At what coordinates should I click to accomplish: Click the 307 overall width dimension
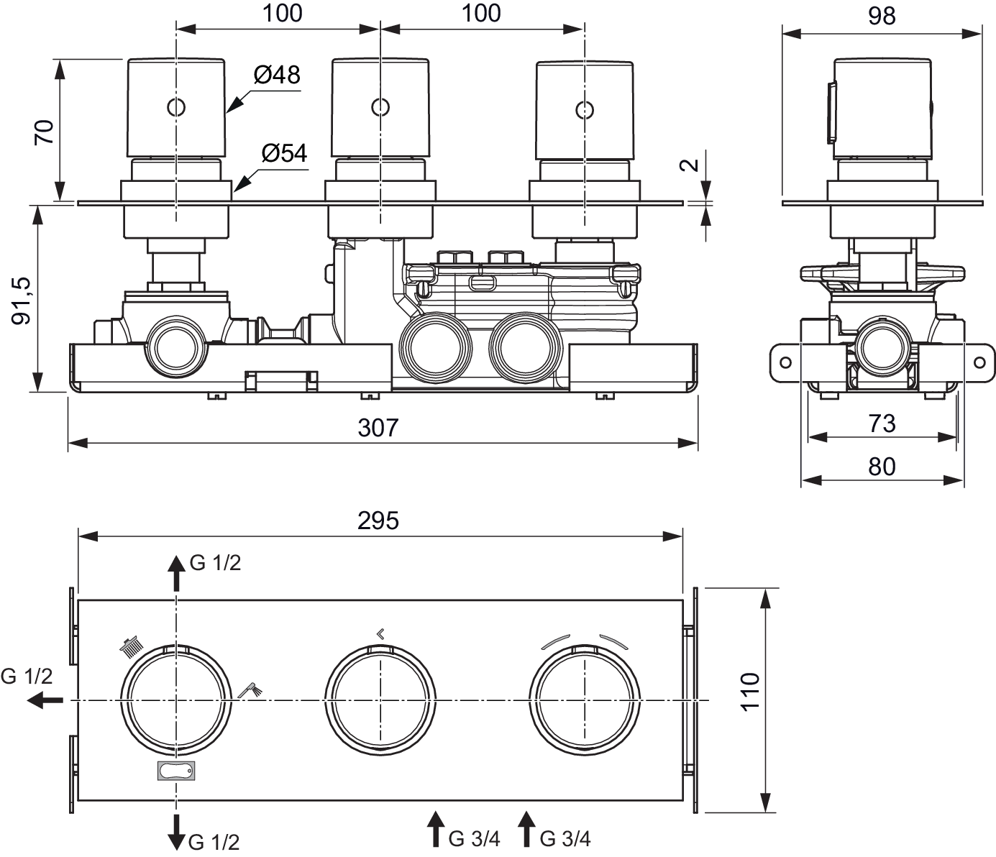pyautogui.click(x=378, y=428)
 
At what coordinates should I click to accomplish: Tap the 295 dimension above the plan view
pyautogui.click(x=378, y=521)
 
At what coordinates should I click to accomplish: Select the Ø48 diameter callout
pyautogui.click(x=277, y=75)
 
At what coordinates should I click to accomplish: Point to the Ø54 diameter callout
pyautogui.click(x=284, y=154)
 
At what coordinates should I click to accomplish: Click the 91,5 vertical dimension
pyautogui.click(x=21, y=301)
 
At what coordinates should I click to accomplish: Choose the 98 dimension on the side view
pyautogui.click(x=882, y=16)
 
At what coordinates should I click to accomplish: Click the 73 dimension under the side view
pyautogui.click(x=882, y=424)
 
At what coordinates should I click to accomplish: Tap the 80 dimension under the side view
pyautogui.click(x=882, y=467)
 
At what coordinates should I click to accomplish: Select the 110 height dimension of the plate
pyautogui.click(x=750, y=692)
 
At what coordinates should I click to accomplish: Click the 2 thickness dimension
pyautogui.click(x=689, y=165)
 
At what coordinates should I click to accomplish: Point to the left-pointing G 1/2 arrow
pyautogui.click(x=45, y=700)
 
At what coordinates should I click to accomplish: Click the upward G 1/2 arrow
pyautogui.click(x=176, y=573)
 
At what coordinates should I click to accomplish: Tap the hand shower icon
pyautogui.click(x=250, y=690)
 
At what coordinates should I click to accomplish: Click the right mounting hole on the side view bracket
pyautogui.click(x=979, y=362)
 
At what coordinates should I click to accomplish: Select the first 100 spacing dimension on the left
pyautogui.click(x=283, y=14)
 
